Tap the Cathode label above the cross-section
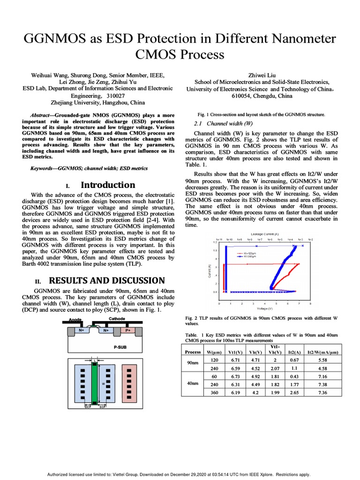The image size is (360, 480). pos(117,319)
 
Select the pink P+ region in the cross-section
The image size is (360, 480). pos(128,330)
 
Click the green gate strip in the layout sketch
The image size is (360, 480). pos(94,382)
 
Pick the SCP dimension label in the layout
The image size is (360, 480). pos(102,407)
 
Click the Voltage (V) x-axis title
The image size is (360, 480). pos(265,308)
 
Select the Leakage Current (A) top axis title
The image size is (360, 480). pos(264,233)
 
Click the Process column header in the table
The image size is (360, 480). pos(193,352)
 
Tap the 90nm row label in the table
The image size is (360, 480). pos(193,364)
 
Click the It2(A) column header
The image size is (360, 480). pos(294,352)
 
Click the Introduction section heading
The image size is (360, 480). pos(108,185)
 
